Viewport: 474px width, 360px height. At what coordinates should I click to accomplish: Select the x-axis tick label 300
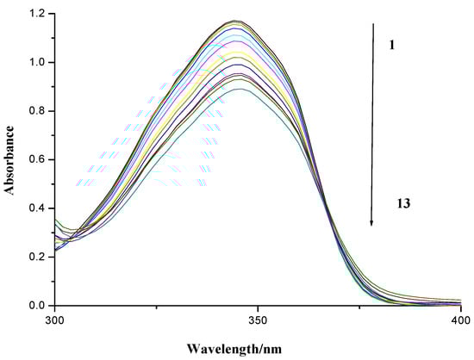[x=54, y=320]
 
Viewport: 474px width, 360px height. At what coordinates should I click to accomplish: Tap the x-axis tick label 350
[x=257, y=320]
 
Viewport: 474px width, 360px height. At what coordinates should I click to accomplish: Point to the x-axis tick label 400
[x=458, y=320]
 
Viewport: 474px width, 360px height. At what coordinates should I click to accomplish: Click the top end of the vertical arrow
[x=372, y=24]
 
